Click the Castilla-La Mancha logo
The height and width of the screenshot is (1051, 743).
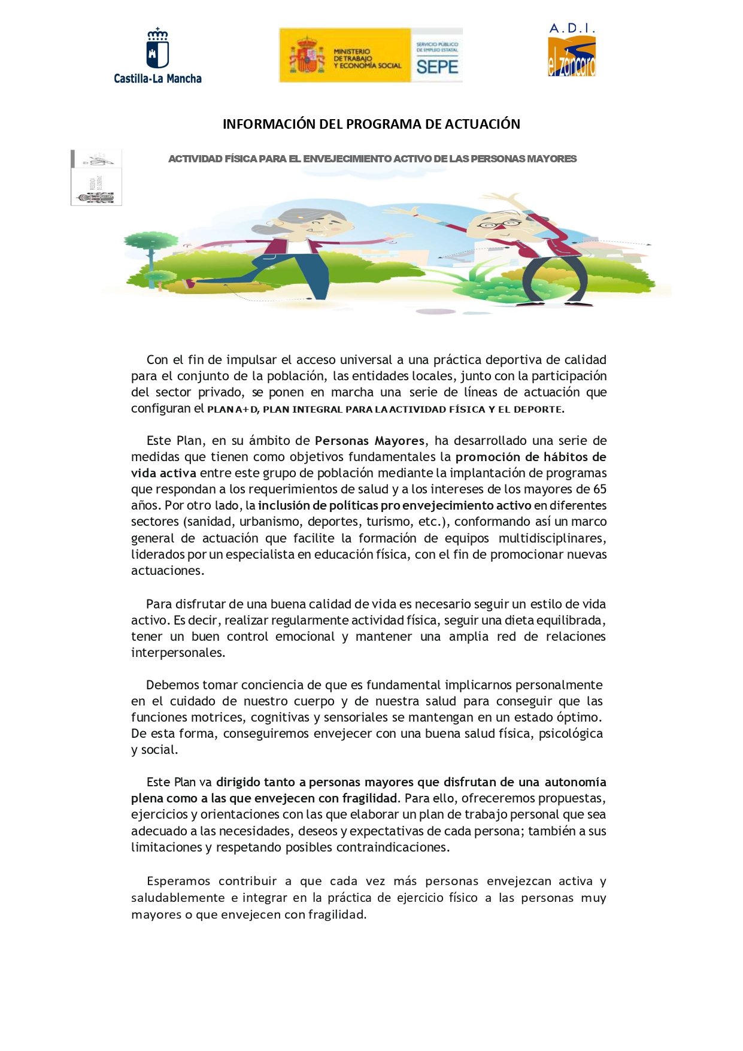pos(157,55)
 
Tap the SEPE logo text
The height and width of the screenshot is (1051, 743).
pos(437,67)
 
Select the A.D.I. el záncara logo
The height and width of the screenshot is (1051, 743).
pos(572,50)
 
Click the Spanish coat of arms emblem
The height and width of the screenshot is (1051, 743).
pos(307,54)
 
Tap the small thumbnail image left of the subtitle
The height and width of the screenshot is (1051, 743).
pos(96,177)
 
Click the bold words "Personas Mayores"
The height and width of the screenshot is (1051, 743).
pos(369,441)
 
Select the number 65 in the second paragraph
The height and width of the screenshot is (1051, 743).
pos(600,489)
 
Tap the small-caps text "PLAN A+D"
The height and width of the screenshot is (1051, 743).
pos(233,410)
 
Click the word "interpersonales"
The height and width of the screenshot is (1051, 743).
pos(178,653)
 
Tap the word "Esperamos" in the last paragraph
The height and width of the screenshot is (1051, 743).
pos(178,881)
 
